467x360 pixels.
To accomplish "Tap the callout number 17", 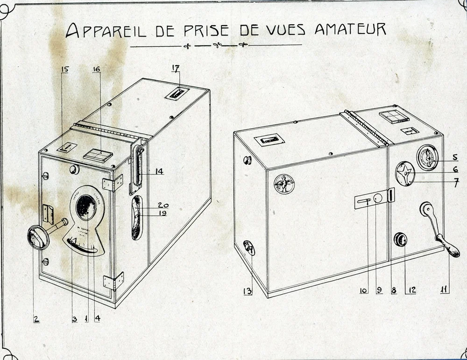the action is [176, 69].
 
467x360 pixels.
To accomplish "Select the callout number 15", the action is [64, 70].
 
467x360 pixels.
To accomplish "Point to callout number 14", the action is [159, 171].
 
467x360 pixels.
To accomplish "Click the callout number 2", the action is [36, 319].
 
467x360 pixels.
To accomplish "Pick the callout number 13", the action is [248, 292].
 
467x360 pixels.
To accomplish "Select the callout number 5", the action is [454, 157].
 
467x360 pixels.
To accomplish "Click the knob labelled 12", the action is [401, 240].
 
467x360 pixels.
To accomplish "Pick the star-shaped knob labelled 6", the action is [405, 174].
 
